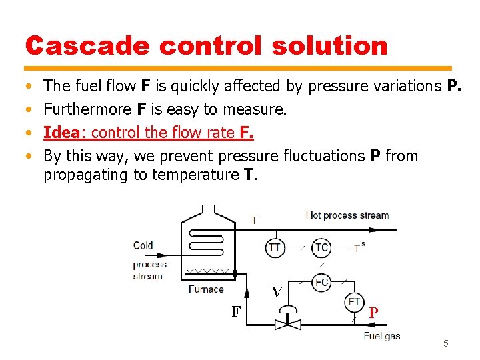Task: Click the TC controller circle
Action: click(321, 248)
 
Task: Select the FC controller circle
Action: click(321, 282)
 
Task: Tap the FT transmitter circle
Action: click(354, 302)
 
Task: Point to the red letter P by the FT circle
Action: click(374, 312)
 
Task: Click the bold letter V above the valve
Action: click(277, 292)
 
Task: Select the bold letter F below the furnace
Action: click(236, 311)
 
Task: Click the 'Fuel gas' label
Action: click(382, 335)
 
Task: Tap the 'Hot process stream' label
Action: click(347, 215)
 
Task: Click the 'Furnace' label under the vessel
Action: click(206, 289)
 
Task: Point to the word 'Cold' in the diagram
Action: click(143, 245)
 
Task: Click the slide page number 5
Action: click(446, 343)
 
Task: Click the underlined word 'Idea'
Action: click(61, 132)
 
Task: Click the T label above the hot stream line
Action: click(254, 220)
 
